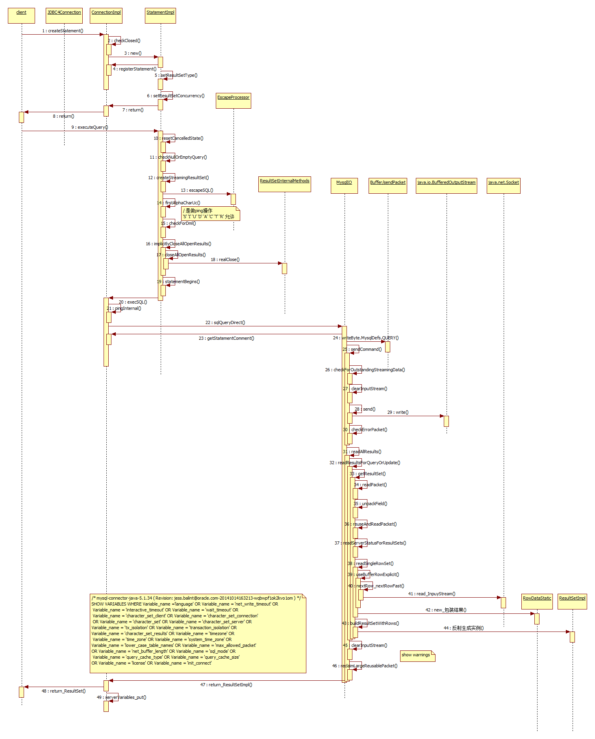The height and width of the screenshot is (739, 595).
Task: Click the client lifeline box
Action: click(x=21, y=16)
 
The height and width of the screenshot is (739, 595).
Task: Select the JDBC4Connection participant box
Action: click(x=64, y=16)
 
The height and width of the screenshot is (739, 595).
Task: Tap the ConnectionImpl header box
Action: click(x=106, y=16)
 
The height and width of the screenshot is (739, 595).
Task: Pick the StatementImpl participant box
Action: click(x=160, y=16)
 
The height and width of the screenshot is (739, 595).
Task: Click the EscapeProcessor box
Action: click(x=234, y=101)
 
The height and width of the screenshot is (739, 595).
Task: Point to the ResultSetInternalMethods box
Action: click(x=285, y=184)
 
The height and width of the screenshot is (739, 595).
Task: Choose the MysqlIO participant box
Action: click(x=344, y=186)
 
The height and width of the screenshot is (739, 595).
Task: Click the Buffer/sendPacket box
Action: click(x=387, y=186)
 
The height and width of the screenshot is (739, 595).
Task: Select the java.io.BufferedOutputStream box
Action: click(x=446, y=186)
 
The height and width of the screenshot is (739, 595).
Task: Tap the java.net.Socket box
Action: click(x=503, y=186)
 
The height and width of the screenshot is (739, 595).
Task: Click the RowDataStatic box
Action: click(x=537, y=602)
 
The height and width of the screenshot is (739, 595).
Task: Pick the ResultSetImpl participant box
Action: click(x=572, y=602)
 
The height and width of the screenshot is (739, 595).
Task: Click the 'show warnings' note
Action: click(x=417, y=656)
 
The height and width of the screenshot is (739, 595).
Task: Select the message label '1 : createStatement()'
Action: click(x=63, y=31)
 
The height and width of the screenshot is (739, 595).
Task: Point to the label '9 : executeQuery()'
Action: click(x=89, y=127)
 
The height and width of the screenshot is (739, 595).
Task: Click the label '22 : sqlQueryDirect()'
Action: click(x=225, y=322)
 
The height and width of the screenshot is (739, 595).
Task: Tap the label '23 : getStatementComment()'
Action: click(x=226, y=338)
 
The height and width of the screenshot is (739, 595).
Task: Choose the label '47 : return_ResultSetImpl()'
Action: click(x=226, y=685)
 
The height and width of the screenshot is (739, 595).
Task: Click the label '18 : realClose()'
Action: click(x=225, y=259)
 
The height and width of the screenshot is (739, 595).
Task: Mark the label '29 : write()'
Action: click(x=398, y=412)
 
